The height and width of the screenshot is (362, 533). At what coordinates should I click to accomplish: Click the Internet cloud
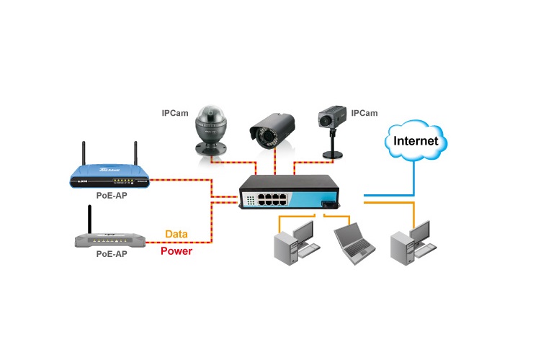(413, 140)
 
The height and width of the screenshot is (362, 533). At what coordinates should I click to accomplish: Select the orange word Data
(176, 234)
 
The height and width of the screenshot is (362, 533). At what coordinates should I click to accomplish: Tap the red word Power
(176, 252)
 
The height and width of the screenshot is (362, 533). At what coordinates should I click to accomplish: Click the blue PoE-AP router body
(112, 179)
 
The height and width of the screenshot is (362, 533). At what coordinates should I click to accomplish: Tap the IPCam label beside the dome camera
(175, 112)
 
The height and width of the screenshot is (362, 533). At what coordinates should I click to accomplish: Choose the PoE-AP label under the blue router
(111, 195)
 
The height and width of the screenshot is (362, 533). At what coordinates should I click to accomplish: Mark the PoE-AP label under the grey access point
(111, 255)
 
